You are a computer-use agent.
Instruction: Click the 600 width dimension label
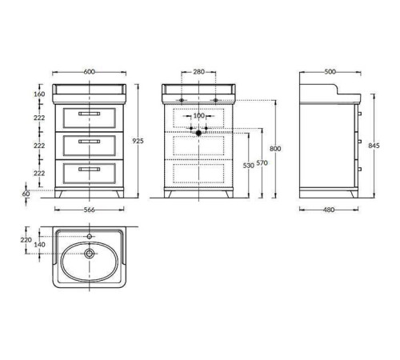(89, 72)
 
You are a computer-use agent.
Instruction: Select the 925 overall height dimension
(138, 141)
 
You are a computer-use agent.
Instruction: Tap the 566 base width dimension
(89, 210)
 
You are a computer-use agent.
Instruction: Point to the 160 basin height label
(39, 94)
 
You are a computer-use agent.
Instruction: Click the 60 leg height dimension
(26, 194)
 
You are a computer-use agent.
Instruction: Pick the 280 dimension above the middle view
(199, 72)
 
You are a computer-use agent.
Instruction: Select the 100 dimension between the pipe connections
(198, 116)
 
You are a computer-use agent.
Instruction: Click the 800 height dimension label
(275, 149)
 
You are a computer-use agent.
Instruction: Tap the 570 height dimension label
(262, 163)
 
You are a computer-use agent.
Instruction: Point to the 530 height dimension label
(249, 166)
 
